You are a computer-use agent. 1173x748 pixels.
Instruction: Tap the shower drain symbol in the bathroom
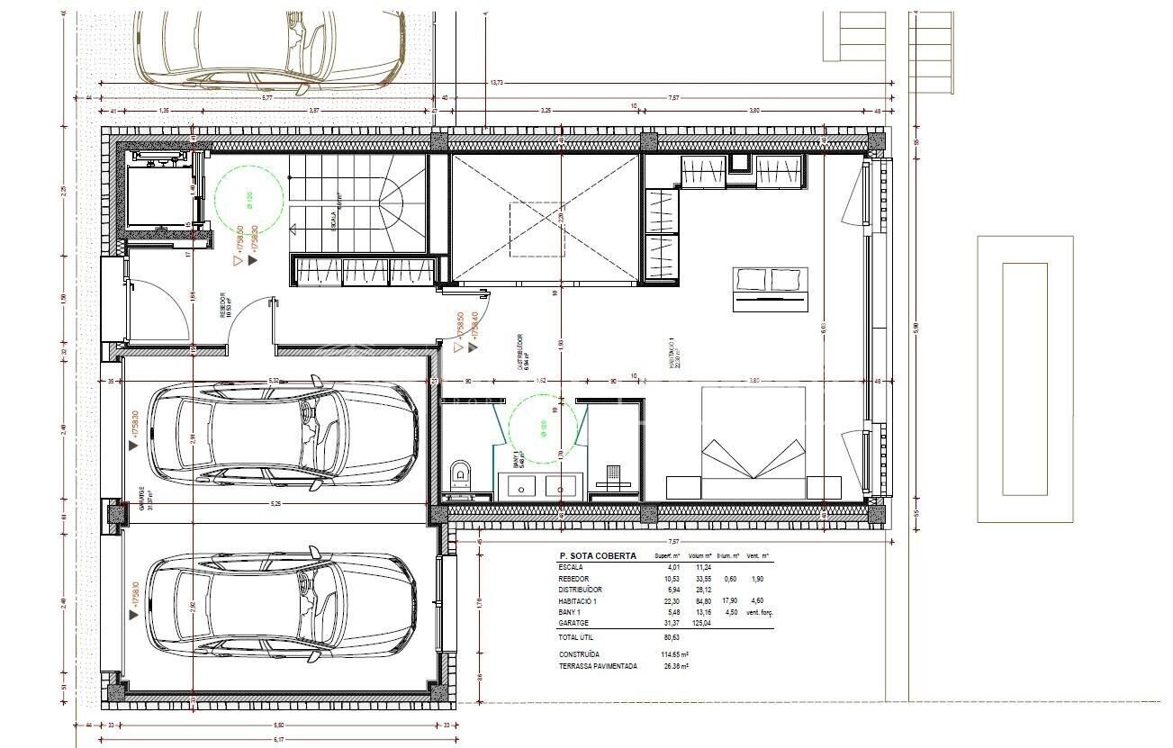[614, 472]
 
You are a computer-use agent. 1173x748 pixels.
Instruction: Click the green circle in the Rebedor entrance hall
[249, 197]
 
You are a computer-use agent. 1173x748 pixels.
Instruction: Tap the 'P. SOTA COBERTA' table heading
[598, 556]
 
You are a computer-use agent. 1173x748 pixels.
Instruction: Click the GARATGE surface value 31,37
[671, 622]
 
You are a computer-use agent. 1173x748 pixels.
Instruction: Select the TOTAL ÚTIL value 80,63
[671, 636]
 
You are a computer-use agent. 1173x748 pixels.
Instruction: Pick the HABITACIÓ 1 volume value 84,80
[702, 600]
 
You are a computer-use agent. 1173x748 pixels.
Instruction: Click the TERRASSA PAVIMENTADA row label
[598, 667]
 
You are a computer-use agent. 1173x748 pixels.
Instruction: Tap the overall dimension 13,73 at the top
[497, 83]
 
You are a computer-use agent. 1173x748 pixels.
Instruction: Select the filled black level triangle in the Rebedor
[253, 259]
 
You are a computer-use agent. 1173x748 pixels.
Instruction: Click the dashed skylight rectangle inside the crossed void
[537, 229]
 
